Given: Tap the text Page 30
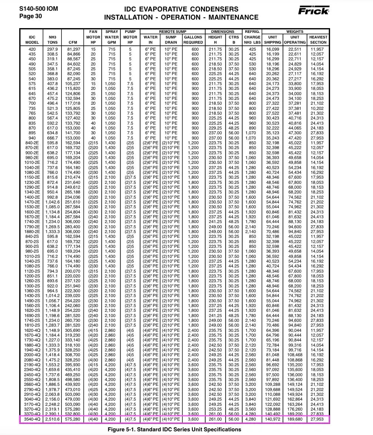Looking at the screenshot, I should [x=31, y=16].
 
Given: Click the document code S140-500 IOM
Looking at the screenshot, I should [x=38, y=8].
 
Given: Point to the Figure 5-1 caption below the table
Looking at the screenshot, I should [x=174, y=429].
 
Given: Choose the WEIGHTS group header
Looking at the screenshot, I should [x=295, y=32].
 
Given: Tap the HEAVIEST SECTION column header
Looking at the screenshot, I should [x=318, y=40].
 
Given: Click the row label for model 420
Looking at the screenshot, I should [x=32, y=49].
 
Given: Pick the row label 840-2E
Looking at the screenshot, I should [x=32, y=143].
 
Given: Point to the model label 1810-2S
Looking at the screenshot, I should [x=32, y=326].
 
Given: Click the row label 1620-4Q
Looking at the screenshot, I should [x=32, y=330].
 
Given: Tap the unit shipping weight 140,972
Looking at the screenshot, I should [x=273, y=419].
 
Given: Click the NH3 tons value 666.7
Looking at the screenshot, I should [x=53, y=138].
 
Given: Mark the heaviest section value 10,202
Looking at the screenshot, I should [x=318, y=108].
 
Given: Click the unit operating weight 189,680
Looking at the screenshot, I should [x=295, y=419].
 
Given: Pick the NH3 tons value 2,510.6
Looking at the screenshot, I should [x=53, y=419].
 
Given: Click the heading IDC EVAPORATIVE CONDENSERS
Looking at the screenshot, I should [x=181, y=9].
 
